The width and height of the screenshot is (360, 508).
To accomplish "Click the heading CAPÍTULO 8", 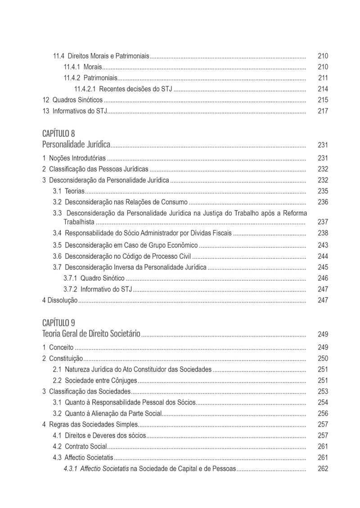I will point(58,134).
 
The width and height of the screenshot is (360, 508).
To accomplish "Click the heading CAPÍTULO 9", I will point(58,323).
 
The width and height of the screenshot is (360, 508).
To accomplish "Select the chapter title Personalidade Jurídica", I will point(76,144).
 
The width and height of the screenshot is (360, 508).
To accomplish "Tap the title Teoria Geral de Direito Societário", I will point(91,333).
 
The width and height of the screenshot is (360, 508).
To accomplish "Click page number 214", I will point(323,89).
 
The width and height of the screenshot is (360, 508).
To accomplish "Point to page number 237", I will point(323,222).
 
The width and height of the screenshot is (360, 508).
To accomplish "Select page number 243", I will point(323,245).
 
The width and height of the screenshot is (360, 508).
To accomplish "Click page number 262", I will point(323,468).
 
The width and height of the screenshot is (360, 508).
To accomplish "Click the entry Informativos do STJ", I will point(80,111).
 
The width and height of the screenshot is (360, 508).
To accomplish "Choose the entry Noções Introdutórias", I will point(77,158).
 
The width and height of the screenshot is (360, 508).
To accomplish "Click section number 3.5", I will point(57,245).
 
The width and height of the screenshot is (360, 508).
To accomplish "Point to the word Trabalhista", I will point(79,222).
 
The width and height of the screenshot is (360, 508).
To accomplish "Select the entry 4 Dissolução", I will point(60,300).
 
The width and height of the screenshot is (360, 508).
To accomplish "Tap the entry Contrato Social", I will point(85,447).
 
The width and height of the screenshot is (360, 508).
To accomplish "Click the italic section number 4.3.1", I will point(70,468).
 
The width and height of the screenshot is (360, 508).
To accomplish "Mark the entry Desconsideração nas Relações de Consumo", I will point(126,202).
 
